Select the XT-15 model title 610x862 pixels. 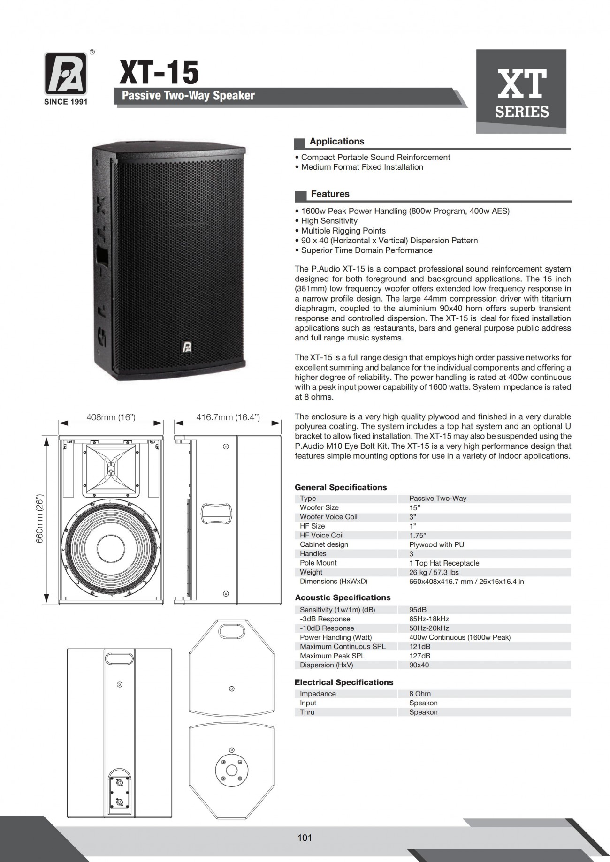point(159,73)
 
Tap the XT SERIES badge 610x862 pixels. point(521,91)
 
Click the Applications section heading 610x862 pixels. point(336,141)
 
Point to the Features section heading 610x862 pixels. point(330,194)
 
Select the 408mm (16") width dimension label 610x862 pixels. point(111,417)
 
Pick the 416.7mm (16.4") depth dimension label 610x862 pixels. point(228,417)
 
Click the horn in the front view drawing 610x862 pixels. point(111,469)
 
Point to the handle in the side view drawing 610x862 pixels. point(216,514)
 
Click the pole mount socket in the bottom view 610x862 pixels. point(231,771)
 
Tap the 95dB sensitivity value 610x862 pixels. point(418,610)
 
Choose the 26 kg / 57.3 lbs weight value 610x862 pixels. point(434,572)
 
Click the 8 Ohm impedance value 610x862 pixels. point(419,694)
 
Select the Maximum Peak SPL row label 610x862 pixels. point(332,656)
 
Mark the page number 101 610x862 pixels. point(305,838)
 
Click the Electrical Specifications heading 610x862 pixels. point(343,682)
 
